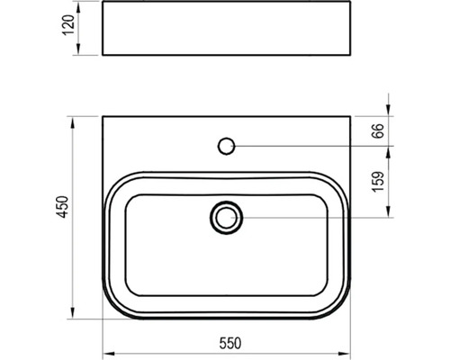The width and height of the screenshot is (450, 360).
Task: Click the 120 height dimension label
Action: tap(69, 25)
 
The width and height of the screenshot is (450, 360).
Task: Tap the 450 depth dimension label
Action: tap(63, 207)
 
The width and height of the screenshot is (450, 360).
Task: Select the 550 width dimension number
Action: tap(230, 344)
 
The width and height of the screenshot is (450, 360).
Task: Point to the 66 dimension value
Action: tap(378, 130)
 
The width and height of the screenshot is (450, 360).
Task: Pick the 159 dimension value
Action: tap(378, 181)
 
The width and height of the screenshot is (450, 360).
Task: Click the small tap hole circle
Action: tap(226, 146)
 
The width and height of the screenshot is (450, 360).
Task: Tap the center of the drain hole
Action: tap(227, 218)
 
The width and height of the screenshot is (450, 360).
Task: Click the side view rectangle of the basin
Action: tap(227, 28)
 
